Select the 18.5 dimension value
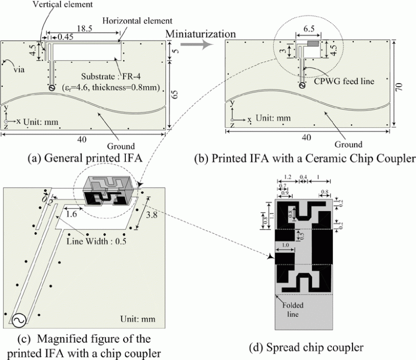(x=84, y=26)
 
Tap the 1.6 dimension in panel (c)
(x=73, y=213)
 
